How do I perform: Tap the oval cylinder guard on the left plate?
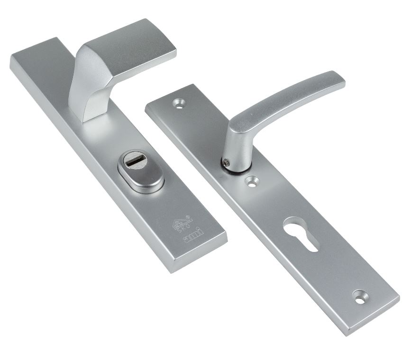134,172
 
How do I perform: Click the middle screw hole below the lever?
252,180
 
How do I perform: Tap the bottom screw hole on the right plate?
360,297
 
